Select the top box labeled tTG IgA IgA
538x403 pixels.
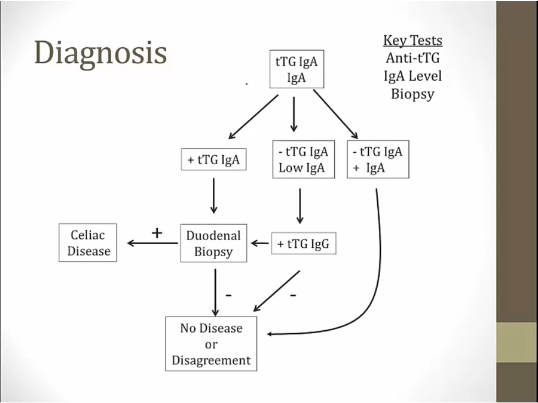296,69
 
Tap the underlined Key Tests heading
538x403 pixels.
412,41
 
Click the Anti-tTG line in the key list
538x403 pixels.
412,59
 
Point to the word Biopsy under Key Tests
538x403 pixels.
412,94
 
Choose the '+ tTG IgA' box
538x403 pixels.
213,160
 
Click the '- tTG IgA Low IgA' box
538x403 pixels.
304,159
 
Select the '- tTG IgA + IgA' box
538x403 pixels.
377,159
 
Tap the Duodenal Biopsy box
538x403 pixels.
213,243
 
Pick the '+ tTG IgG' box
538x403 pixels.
304,244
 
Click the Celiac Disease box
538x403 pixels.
88,243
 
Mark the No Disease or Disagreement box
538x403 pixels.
211,344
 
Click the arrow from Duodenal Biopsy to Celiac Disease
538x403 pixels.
153,244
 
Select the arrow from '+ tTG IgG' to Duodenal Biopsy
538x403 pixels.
260,244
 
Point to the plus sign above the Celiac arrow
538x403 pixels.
157,233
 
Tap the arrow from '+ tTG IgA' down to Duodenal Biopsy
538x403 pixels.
213,196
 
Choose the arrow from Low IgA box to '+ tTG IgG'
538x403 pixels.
300,205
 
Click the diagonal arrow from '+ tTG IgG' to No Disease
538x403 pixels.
276,291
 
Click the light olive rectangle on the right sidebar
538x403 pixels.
516,342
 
